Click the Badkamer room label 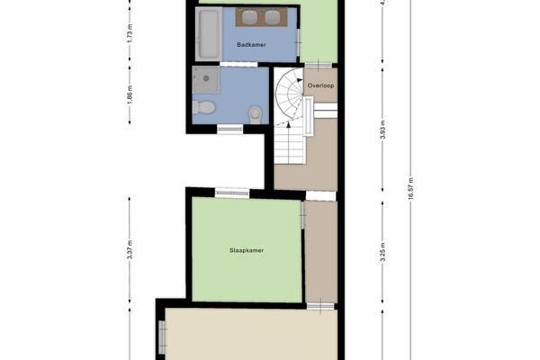pos(251,45)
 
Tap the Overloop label pos(320,85)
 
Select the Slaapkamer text pos(247,250)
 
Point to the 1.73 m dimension pos(130,33)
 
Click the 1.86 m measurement pos(130,94)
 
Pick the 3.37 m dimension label pos(130,250)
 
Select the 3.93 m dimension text pos(382,130)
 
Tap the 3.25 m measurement pos(382,252)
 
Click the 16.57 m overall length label pos(410,189)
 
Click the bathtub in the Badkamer pos(209,34)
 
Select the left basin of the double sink pos(250,17)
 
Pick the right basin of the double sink pos(274,17)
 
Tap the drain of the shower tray pos(206,78)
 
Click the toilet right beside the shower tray pos(203,107)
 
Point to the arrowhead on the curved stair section pos(300,81)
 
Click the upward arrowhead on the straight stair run pos(289,124)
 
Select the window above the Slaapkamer pos(232,193)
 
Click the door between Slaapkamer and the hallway pos(302,215)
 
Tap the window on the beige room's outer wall pos(162,337)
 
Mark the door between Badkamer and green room pos(298,42)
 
